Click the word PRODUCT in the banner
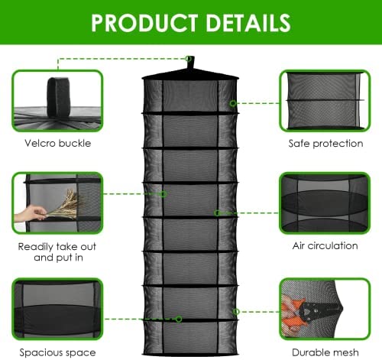144,23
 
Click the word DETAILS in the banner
248,23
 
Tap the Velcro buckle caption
58,143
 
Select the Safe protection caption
325,144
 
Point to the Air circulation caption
325,246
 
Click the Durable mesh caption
325,352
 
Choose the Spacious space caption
57,353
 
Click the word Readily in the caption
35,247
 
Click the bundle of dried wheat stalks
63,205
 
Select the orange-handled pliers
311,310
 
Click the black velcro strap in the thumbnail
58,98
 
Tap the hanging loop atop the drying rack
190,63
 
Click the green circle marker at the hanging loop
188,59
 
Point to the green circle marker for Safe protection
232,103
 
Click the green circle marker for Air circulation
217,212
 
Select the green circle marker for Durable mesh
236,311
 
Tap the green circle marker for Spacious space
179,319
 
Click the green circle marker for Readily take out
163,194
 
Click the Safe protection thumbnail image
325,101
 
